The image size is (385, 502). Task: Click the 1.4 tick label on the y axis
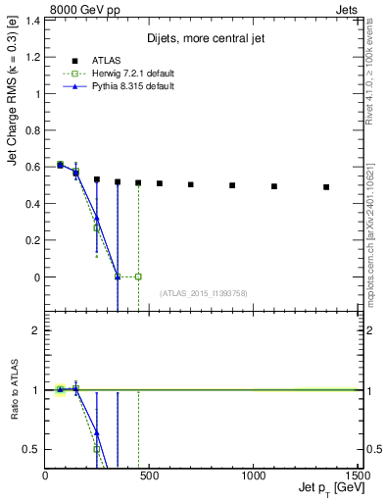pos(33,21)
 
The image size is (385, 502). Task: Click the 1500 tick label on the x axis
pos(356,476)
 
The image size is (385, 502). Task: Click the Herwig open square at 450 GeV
pos(138,276)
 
